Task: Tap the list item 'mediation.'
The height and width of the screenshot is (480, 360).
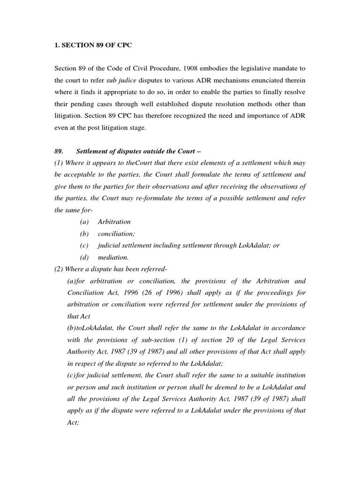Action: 113,257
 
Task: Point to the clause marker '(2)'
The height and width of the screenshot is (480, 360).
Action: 60,269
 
